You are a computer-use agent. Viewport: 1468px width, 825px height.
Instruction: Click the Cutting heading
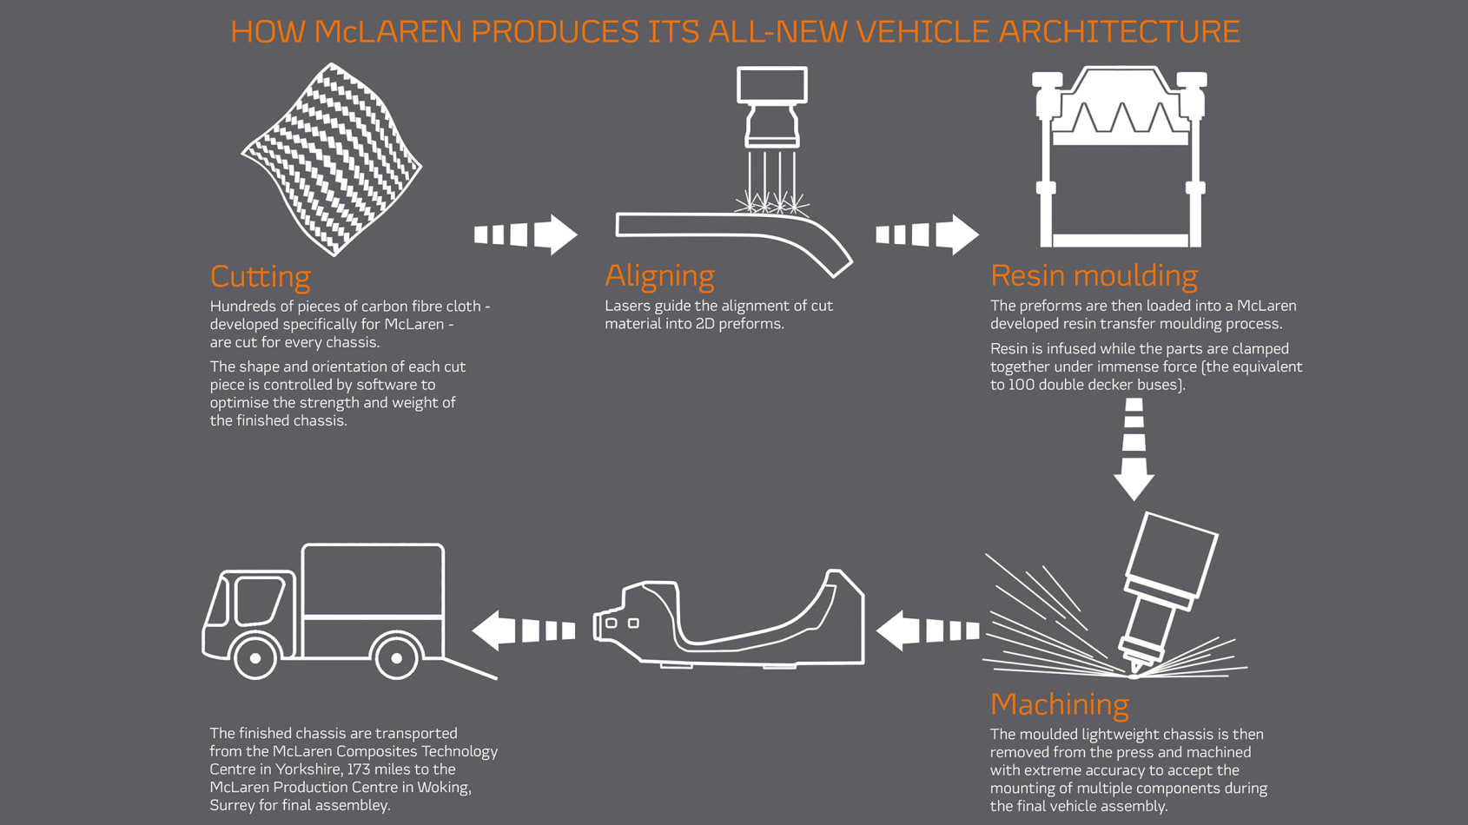coord(261,277)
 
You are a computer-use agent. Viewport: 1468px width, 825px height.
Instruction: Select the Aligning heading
coord(659,276)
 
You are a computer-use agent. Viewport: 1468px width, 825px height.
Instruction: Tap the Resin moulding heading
coord(1094,275)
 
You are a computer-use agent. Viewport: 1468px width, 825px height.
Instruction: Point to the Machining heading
coord(1060,705)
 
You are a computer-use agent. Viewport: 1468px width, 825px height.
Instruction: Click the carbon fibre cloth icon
coord(332,159)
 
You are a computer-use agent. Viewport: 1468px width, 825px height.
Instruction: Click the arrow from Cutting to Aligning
coord(526,234)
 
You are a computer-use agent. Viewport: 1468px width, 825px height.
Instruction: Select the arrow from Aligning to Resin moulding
coord(928,234)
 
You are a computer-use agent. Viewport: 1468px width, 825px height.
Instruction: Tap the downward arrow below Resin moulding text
coord(1134,450)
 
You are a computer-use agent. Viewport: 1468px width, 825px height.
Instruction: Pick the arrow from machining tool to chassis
coord(928,631)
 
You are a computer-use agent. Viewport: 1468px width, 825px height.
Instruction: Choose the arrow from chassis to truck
coord(524,631)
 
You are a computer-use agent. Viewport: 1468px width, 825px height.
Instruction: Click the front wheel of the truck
coord(255,657)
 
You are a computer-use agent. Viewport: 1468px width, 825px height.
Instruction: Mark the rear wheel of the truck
coord(396,657)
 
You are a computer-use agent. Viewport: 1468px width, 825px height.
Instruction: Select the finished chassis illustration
coord(729,619)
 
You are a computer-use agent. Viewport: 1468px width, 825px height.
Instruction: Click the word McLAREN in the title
coord(388,31)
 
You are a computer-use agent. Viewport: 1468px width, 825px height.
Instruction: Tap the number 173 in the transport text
coord(359,769)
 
